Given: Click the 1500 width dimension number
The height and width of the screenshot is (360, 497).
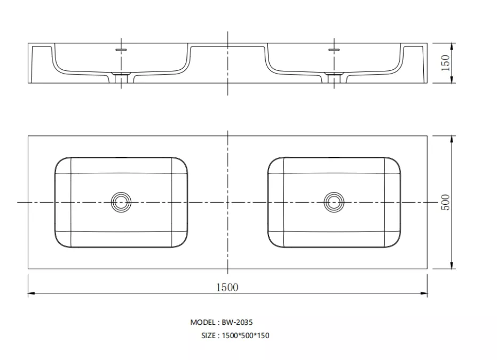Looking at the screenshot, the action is pos(227,287).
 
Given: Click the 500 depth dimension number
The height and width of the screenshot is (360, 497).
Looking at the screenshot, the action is pos(445,202).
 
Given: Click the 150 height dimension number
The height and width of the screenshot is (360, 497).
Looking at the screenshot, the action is pos(445,63).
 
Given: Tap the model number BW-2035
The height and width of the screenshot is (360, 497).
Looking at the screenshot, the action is pos(237,322).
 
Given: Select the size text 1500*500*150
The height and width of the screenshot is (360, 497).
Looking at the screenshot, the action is pos(246,335).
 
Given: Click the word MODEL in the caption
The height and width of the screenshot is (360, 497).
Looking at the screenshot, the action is pos(203,322).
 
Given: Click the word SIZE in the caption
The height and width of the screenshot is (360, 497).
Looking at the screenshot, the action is pos(208,335).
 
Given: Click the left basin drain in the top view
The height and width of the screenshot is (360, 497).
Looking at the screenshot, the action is pos(121,202).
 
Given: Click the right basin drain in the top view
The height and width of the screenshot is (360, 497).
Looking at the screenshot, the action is pos(334,202).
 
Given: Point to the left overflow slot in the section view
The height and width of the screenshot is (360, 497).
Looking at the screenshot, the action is pos(121,50).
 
